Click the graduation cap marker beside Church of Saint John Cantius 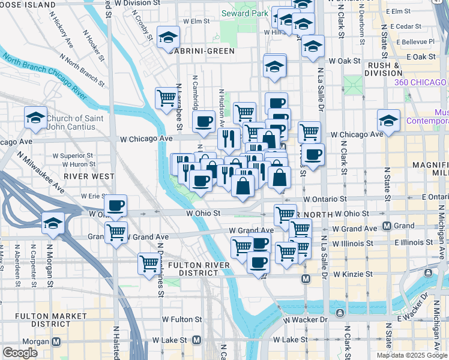coord(35,118)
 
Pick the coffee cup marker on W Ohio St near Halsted coord(115,206)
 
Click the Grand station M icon coord(387,226)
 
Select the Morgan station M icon coord(56,341)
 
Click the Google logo coord(20,353)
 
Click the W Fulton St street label coord(181,320)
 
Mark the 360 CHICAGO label coord(421,82)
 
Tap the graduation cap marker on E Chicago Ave coord(388,121)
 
